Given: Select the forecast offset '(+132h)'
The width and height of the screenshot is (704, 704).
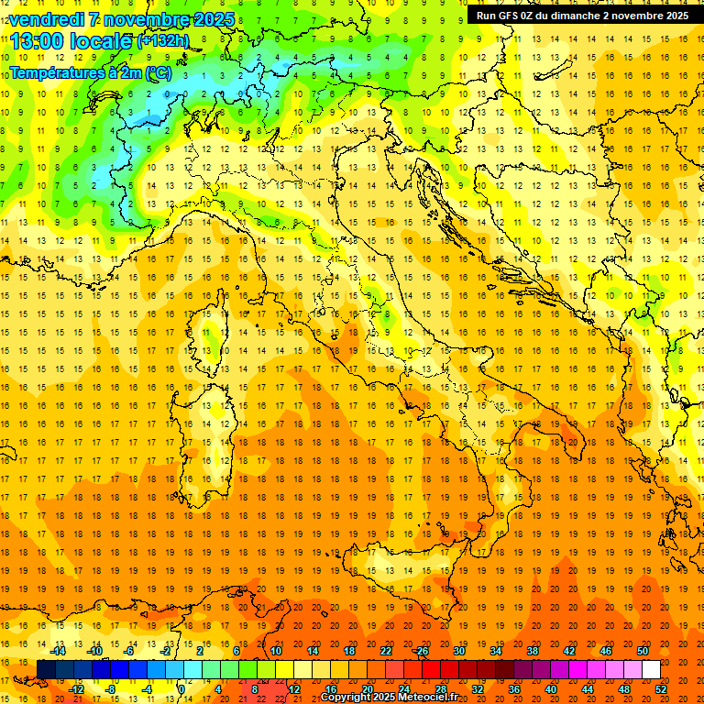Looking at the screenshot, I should tap(163, 41).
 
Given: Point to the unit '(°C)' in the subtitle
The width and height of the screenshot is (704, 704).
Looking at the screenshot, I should tap(157, 72).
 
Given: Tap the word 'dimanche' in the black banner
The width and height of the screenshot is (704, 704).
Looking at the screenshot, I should tap(588, 16).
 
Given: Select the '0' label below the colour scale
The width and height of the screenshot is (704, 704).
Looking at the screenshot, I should tap(181, 689).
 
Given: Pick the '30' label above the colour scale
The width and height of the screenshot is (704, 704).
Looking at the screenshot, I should tap(458, 651).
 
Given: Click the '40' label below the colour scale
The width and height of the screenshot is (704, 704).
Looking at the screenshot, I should tap(550, 689).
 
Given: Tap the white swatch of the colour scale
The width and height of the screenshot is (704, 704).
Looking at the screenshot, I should tap(651, 670).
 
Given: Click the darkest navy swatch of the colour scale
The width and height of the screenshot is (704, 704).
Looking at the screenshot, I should tap(47, 670).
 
